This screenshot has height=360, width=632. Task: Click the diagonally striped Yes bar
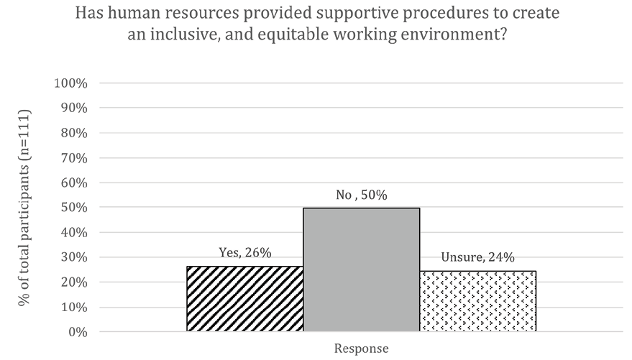(244, 299)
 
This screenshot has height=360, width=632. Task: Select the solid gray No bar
(361, 269)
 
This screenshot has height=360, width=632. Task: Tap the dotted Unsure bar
(477, 301)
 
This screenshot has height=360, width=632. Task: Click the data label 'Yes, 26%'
(244, 253)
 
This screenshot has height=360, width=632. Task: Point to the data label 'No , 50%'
(361, 195)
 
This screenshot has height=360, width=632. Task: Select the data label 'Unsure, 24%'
(477, 258)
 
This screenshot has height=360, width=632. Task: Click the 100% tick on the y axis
(70, 83)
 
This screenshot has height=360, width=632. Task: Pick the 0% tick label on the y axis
(77, 332)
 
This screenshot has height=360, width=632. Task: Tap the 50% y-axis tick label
(73, 208)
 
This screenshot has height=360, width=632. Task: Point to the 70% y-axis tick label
(73, 158)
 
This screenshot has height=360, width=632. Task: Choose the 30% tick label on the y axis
(73, 257)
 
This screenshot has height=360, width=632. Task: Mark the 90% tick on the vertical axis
(73, 108)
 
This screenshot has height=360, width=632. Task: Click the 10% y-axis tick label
(73, 307)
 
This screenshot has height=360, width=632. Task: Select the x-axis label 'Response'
(361, 349)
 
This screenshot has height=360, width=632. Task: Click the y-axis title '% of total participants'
(24, 208)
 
